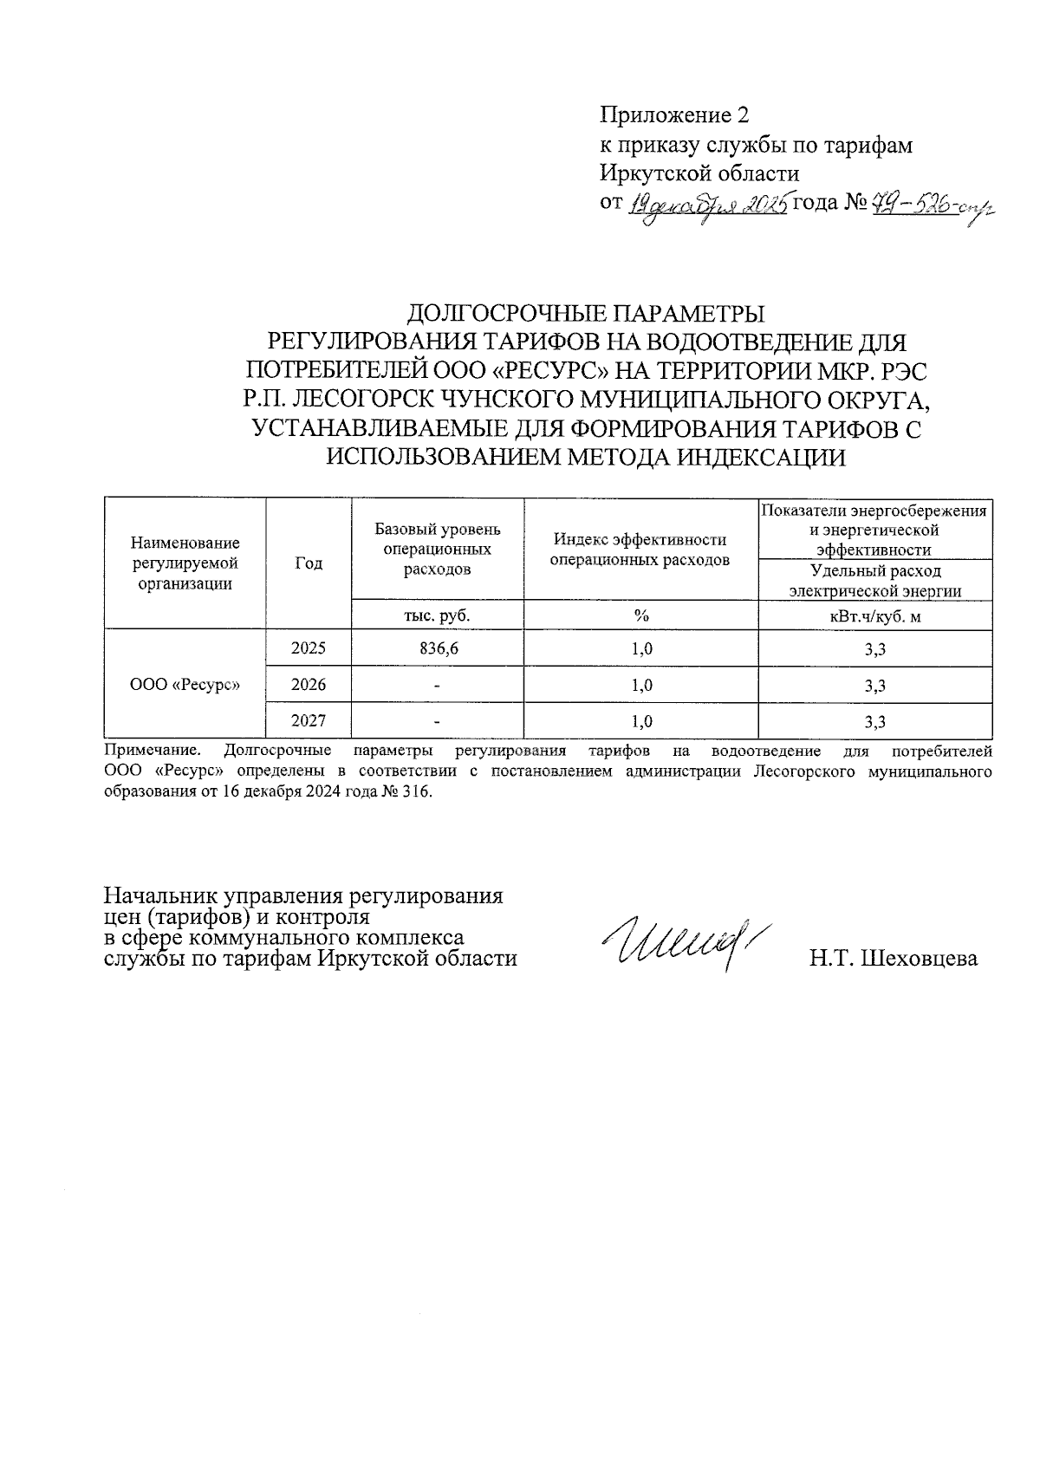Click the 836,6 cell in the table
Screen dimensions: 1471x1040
pos(438,648)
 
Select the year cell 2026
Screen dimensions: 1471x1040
pos(309,685)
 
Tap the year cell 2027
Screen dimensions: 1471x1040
pos(309,720)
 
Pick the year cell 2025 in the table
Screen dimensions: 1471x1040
pos(309,648)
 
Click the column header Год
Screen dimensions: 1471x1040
pos(309,563)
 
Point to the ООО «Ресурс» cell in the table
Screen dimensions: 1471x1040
pos(185,685)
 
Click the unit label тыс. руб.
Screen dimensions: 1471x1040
pos(438,615)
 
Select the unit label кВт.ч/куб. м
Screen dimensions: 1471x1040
pos(874,615)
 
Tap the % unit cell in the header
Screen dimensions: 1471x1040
pos(640,615)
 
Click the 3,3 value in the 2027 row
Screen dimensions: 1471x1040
pos(874,720)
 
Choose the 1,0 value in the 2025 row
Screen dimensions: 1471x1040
pos(640,648)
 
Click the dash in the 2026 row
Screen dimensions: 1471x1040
pos(438,685)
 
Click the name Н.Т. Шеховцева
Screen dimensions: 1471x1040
pos(894,959)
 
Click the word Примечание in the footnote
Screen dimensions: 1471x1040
pos(152,750)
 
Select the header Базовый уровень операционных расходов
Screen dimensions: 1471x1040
pos(438,549)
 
